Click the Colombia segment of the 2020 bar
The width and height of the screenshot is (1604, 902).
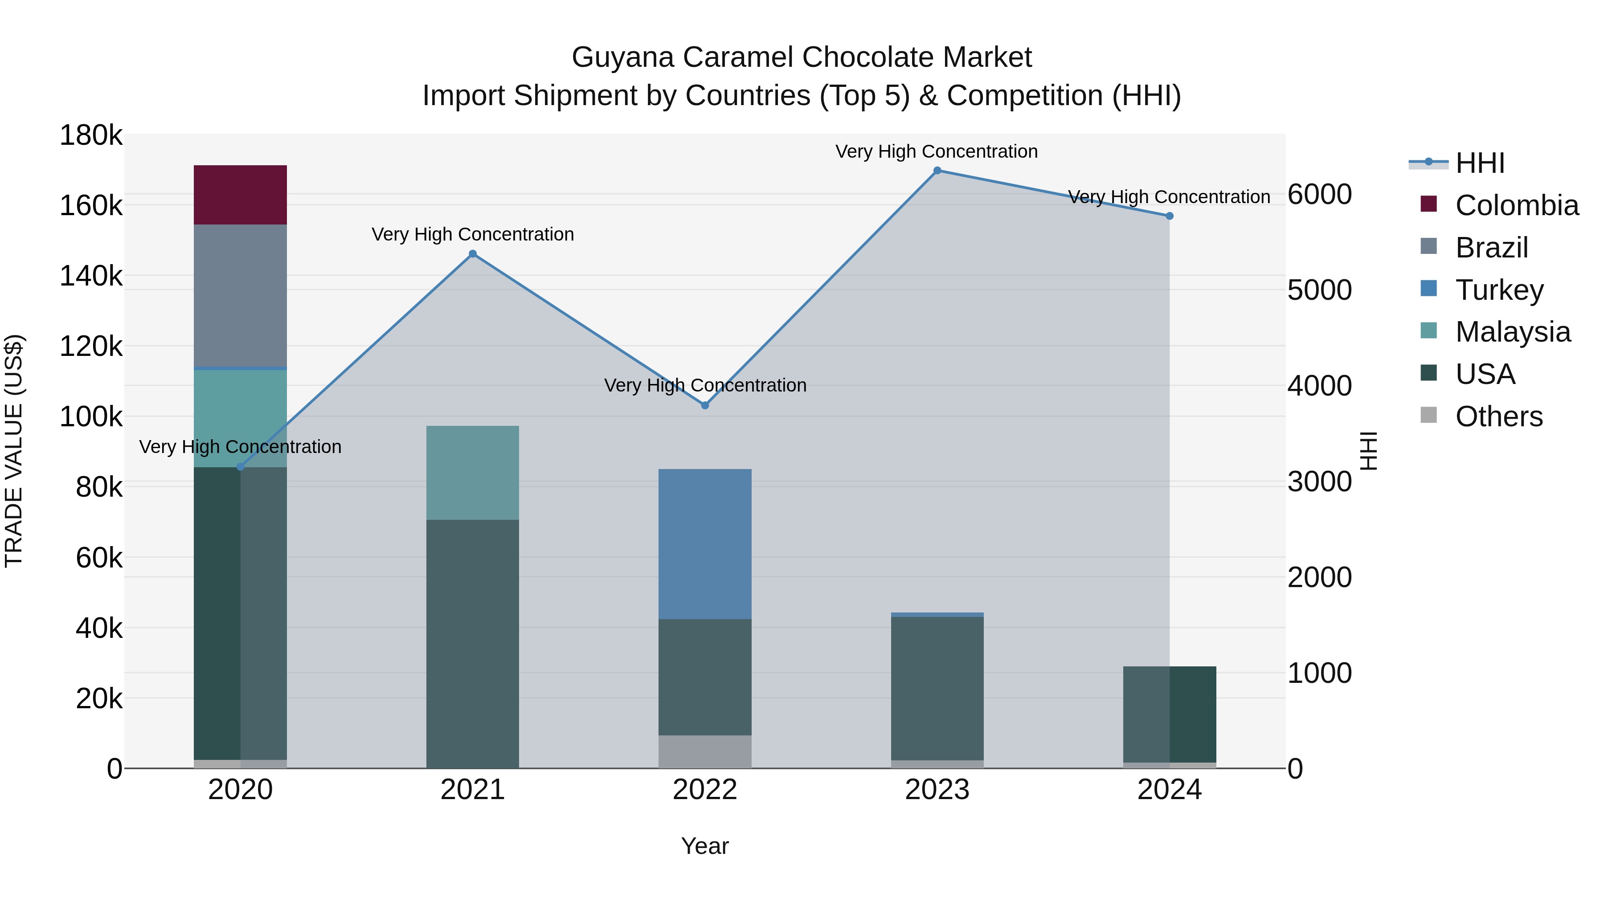[240, 195]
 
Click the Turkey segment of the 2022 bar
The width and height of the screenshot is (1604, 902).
[704, 543]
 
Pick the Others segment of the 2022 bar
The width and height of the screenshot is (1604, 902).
[704, 751]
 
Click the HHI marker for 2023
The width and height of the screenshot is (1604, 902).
[937, 171]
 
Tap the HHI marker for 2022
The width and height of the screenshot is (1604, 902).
[704, 405]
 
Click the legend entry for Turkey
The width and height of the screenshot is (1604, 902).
[1499, 290]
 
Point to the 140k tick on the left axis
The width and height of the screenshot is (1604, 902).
[91, 276]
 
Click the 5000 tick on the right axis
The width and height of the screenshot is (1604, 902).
[1319, 290]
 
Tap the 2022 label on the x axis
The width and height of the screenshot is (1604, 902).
[704, 790]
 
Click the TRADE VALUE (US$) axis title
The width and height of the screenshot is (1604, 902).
[14, 451]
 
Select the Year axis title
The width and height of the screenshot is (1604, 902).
[704, 846]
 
